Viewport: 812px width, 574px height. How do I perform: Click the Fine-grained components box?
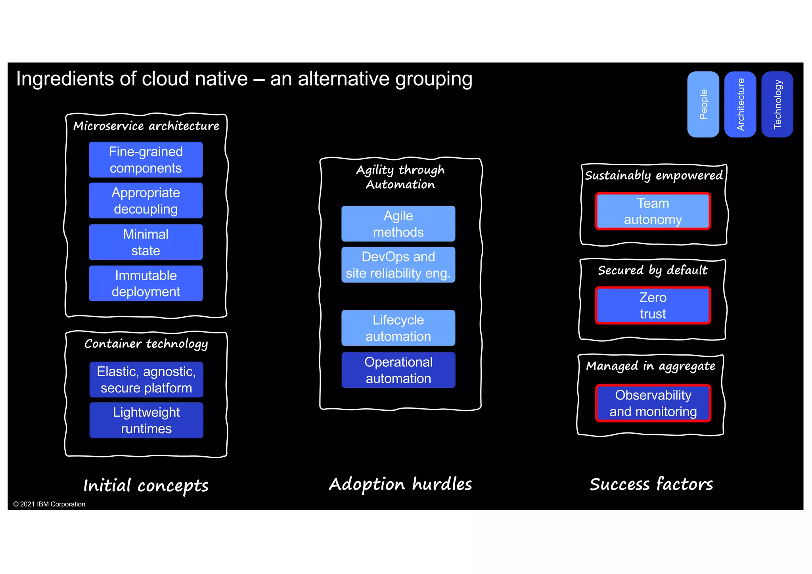tap(146, 160)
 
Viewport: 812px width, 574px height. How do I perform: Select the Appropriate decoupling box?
tap(146, 201)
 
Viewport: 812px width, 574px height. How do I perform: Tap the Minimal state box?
tap(146, 242)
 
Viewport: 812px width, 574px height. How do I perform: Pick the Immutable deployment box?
tap(146, 283)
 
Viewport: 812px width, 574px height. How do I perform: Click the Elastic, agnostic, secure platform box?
tap(146, 379)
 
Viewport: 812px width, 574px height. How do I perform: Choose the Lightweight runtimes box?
tap(146, 420)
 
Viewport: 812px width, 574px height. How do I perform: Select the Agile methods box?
tap(398, 224)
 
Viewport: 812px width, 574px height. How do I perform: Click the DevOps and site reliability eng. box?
tap(398, 265)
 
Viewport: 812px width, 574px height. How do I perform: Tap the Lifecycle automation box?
tap(398, 328)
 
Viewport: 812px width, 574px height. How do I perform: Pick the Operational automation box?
tap(398, 370)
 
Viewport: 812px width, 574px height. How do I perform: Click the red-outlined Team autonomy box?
tap(653, 211)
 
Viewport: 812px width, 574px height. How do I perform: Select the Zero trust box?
tap(653, 306)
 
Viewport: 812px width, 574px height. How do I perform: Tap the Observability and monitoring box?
tap(653, 403)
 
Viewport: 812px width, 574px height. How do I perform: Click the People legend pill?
tap(703, 104)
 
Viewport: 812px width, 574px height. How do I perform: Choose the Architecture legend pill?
tap(740, 104)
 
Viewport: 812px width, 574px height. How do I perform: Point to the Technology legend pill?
tap(777, 104)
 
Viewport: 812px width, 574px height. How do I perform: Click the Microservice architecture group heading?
tap(146, 126)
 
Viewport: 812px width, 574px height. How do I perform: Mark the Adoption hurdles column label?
tap(400, 484)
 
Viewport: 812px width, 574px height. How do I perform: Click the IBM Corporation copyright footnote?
tap(49, 504)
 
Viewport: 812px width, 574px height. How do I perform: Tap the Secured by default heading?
tap(652, 270)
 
